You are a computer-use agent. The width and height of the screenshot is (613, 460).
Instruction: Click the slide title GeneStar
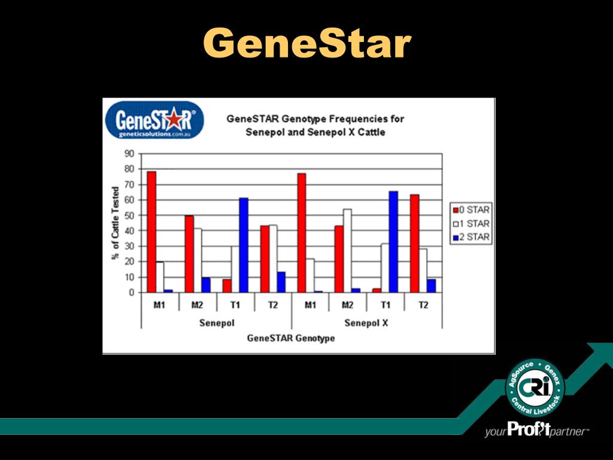[x=306, y=44]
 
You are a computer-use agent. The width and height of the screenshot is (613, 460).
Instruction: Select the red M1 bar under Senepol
[x=151, y=232]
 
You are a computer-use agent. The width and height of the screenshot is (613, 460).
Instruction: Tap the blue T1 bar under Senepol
[x=244, y=245]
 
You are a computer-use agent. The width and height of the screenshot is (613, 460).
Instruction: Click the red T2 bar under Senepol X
[x=414, y=243]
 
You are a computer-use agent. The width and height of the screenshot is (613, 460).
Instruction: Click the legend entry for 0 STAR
[x=471, y=210]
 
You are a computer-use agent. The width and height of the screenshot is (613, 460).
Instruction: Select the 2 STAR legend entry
[x=471, y=237]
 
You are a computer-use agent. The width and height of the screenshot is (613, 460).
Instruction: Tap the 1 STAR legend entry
[x=471, y=223]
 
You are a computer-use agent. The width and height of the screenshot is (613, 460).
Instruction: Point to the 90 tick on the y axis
[x=129, y=153]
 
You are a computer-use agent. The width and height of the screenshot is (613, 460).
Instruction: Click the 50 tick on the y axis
[x=129, y=216]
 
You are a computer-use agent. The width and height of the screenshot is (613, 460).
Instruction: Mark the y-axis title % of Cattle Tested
[x=115, y=223]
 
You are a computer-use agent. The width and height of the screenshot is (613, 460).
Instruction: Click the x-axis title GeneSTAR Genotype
[x=291, y=338]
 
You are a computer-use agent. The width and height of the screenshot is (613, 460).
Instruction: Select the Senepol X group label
[x=366, y=323]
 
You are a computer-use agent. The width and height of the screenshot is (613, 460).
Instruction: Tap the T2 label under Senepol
[x=273, y=305]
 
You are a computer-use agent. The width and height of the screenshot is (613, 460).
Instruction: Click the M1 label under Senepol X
[x=310, y=305]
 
